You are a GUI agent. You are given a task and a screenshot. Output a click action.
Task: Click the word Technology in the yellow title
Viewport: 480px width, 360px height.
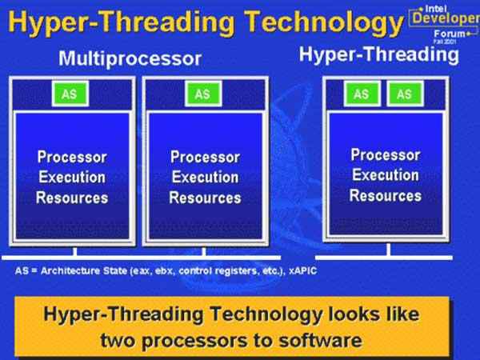click(324, 22)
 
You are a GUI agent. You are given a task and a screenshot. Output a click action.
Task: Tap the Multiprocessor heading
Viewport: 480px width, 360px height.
click(130, 58)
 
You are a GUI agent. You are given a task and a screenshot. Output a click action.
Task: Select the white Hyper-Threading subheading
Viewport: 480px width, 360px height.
click(378, 54)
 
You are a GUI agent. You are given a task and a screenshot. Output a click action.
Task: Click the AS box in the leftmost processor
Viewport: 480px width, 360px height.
click(70, 94)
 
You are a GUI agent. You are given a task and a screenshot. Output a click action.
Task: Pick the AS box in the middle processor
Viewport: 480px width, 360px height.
click(203, 94)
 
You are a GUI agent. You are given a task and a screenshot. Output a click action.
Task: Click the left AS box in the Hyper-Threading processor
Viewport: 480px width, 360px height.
click(362, 94)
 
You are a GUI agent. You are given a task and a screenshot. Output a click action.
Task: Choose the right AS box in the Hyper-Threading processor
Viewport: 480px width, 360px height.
click(405, 94)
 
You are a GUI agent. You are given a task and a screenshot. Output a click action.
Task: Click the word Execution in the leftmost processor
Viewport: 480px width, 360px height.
click(72, 178)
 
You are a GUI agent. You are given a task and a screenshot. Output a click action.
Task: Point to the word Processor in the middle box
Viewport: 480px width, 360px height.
click(205, 157)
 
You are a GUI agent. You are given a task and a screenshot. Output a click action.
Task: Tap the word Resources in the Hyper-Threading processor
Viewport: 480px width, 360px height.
click(386, 195)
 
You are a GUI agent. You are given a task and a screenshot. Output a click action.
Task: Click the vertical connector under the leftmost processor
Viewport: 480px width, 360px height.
click(75, 251)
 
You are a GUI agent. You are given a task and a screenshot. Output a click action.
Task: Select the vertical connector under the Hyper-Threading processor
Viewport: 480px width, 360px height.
click(389, 249)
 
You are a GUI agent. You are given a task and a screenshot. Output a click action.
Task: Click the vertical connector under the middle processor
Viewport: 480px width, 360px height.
click(204, 251)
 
